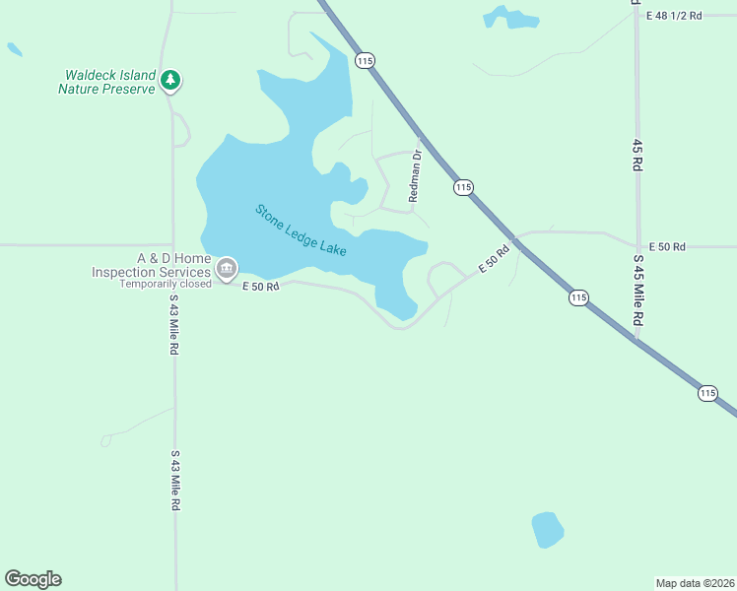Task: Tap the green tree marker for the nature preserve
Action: pyautogui.click(x=171, y=79)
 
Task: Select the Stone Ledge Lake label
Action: pyautogui.click(x=301, y=230)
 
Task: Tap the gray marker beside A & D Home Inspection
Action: pyautogui.click(x=227, y=268)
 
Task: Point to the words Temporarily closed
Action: pyautogui.click(x=166, y=285)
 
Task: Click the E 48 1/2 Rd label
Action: pyautogui.click(x=675, y=16)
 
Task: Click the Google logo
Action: pyautogui.click(x=33, y=579)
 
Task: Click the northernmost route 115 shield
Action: pyautogui.click(x=366, y=61)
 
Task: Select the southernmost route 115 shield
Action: pyautogui.click(x=707, y=393)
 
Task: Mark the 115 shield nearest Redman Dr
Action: pyautogui.click(x=463, y=187)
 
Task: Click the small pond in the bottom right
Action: pyautogui.click(x=547, y=529)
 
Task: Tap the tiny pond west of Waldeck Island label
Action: pyautogui.click(x=14, y=48)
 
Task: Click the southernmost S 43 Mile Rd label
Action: pyautogui.click(x=175, y=481)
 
